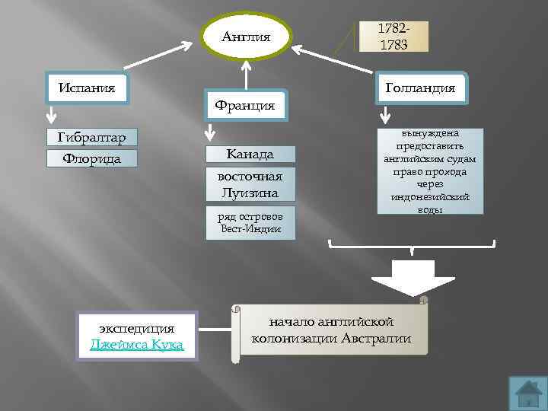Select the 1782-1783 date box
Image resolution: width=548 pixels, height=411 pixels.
click(393, 37)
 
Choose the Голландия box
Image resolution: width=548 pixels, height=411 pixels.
click(420, 88)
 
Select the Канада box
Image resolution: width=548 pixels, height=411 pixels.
click(250, 155)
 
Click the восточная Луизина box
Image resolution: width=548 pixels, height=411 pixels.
click(250, 185)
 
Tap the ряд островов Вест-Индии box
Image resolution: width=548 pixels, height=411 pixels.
click(250, 222)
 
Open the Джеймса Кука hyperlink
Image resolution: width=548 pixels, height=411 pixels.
click(136, 344)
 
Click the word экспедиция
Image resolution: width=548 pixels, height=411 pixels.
click(136, 328)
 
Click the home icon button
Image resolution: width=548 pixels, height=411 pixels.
click(527, 393)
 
